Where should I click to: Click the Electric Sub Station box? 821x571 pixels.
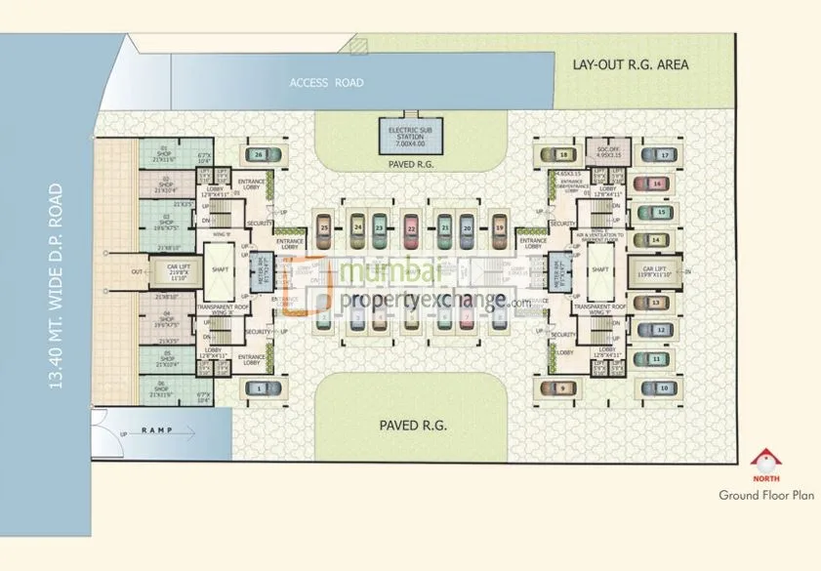[410, 137]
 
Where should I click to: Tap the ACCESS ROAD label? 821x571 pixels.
[326, 83]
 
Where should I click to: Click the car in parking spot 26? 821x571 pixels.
[259, 154]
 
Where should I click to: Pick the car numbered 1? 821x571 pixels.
[258, 388]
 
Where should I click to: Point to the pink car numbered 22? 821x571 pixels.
[412, 228]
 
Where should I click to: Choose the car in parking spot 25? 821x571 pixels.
[324, 228]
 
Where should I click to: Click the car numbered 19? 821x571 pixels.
[499, 228]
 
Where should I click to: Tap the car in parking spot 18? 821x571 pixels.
[563, 154]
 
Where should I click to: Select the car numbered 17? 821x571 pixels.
[664, 154]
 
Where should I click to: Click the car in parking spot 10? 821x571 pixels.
[664, 388]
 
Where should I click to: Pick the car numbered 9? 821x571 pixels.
[563, 388]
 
